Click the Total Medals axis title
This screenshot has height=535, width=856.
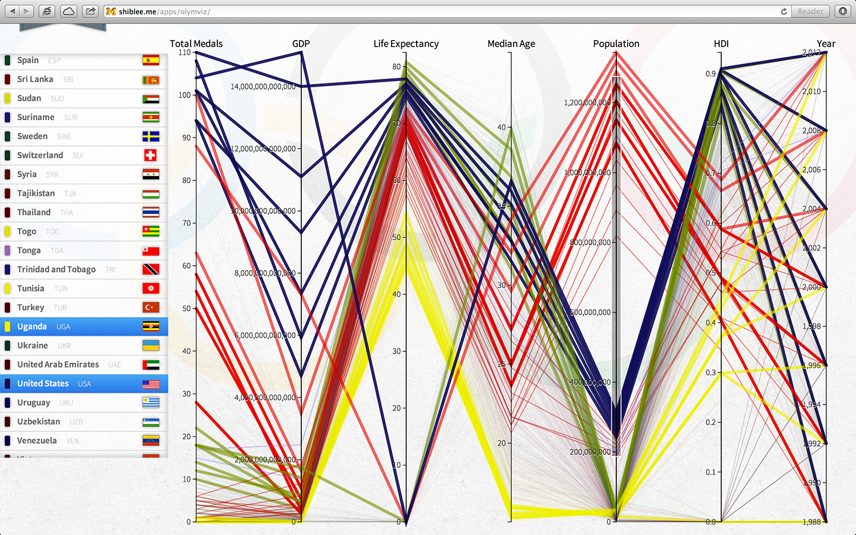coord(196,44)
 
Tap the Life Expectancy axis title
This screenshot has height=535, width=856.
coord(406,44)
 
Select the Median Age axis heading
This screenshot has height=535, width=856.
coord(511,44)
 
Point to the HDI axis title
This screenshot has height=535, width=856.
coord(721,44)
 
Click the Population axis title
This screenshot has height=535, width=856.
coord(616,44)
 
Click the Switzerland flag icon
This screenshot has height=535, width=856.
coord(151,155)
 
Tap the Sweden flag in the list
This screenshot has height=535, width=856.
coord(151,136)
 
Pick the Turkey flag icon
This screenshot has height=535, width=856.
coord(151,307)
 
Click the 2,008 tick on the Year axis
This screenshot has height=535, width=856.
coord(811,131)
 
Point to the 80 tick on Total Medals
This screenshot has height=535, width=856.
coord(187,180)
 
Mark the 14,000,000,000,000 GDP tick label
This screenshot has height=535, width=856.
coord(263,87)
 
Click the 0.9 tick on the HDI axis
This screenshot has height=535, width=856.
coord(710,74)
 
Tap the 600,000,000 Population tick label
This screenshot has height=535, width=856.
coord(591,313)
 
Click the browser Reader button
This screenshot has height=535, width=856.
coord(810,11)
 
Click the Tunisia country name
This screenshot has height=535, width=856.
coord(31,289)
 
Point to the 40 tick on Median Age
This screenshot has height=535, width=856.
coord(502,127)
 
